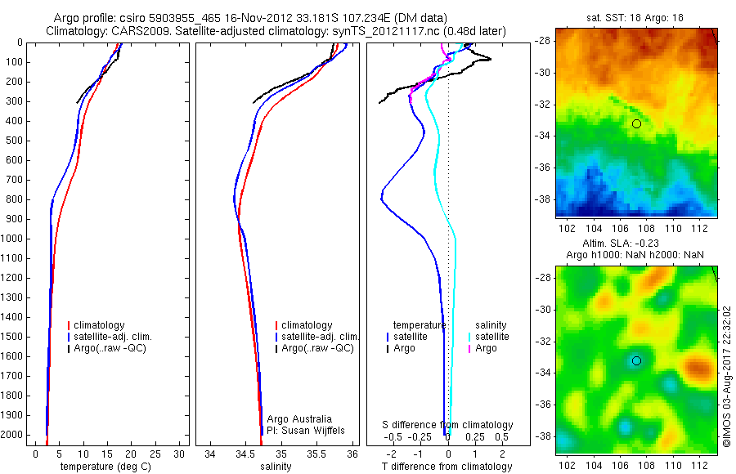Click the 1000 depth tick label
(13, 239)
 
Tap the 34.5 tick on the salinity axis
(245, 453)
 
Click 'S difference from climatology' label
(447, 425)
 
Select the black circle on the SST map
(636, 123)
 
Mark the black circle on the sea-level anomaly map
(636, 360)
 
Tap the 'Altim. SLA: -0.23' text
(636, 244)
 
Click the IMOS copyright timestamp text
(727, 376)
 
